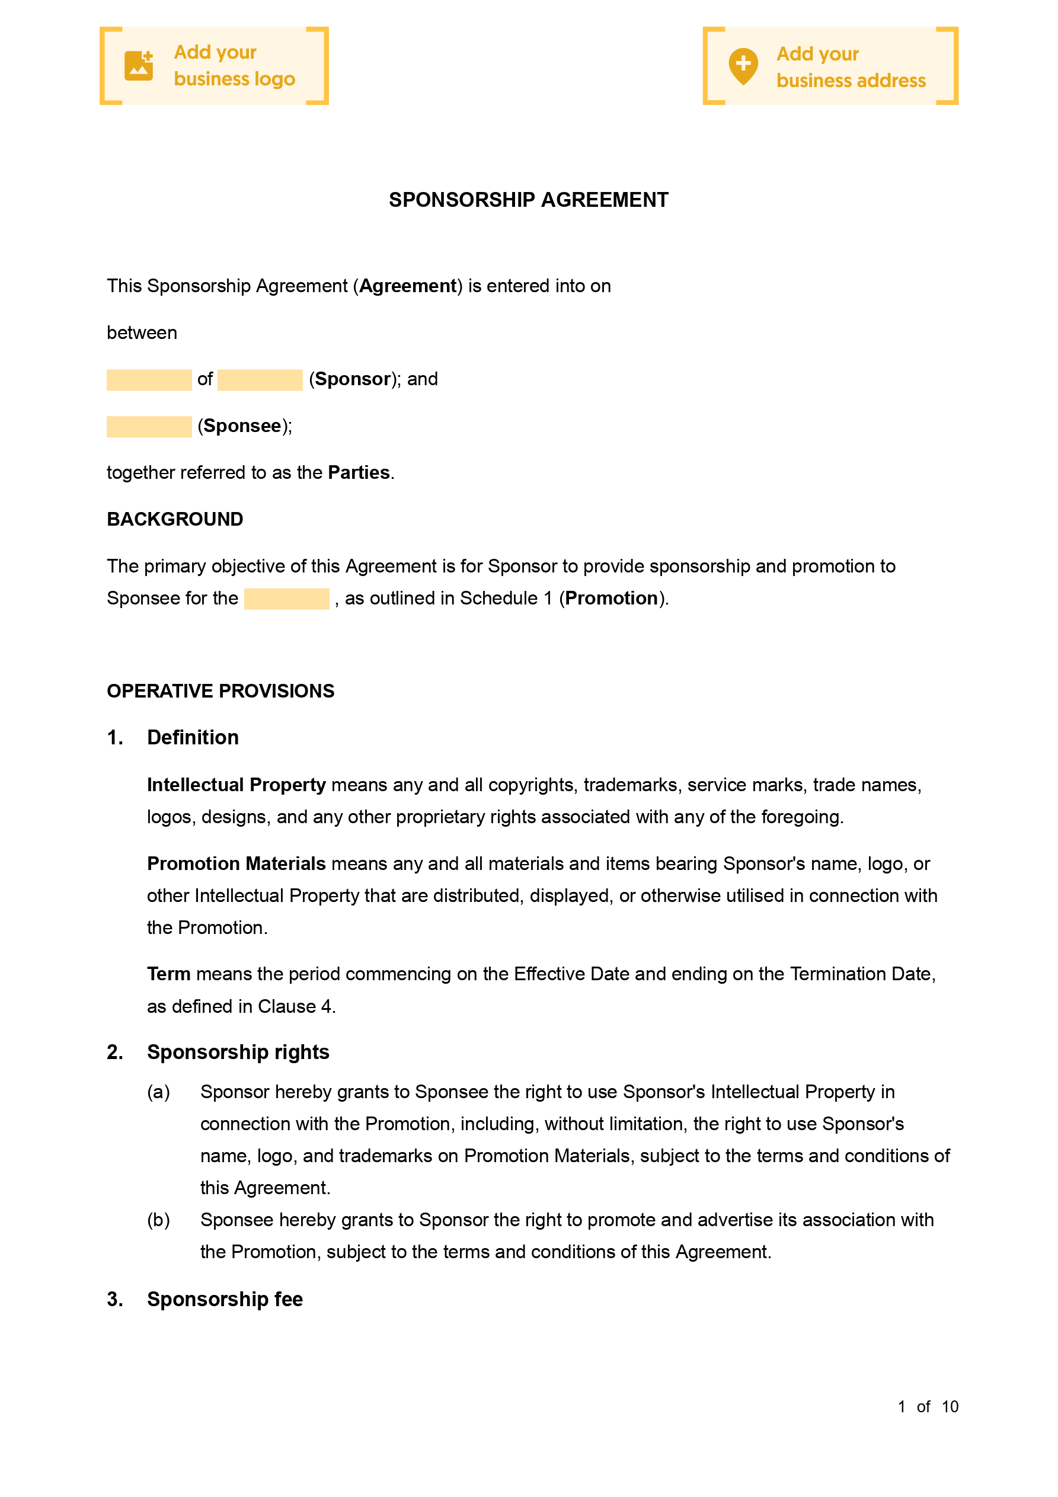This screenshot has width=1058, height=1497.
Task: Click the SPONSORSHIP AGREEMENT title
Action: click(x=528, y=200)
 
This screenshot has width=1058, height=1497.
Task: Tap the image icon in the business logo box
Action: click(x=138, y=65)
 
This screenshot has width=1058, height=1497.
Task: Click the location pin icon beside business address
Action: click(x=743, y=66)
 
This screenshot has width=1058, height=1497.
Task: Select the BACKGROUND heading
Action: click(x=175, y=519)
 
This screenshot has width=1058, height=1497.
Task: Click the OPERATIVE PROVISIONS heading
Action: click(x=220, y=691)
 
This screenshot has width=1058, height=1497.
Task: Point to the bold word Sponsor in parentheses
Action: click(x=353, y=379)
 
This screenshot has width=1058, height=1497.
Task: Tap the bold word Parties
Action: click(x=359, y=473)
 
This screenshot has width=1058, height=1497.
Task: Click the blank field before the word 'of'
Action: click(x=149, y=380)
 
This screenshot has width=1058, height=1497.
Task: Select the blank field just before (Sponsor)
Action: click(x=260, y=380)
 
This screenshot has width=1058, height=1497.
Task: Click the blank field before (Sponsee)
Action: click(x=149, y=427)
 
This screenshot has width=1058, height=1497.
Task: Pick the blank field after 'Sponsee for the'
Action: click(x=286, y=599)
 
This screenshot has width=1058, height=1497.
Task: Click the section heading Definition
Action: click(x=193, y=737)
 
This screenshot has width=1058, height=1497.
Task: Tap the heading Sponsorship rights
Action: click(x=238, y=1053)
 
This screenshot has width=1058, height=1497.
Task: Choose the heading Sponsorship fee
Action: click(x=225, y=1300)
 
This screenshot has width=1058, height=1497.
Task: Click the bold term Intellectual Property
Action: click(x=236, y=785)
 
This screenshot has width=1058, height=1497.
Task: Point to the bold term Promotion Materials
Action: click(x=236, y=864)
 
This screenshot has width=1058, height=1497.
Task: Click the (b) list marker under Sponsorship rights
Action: click(x=158, y=1220)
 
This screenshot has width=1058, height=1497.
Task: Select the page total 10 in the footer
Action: click(x=950, y=1407)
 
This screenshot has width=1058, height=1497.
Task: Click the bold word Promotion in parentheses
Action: click(x=611, y=599)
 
